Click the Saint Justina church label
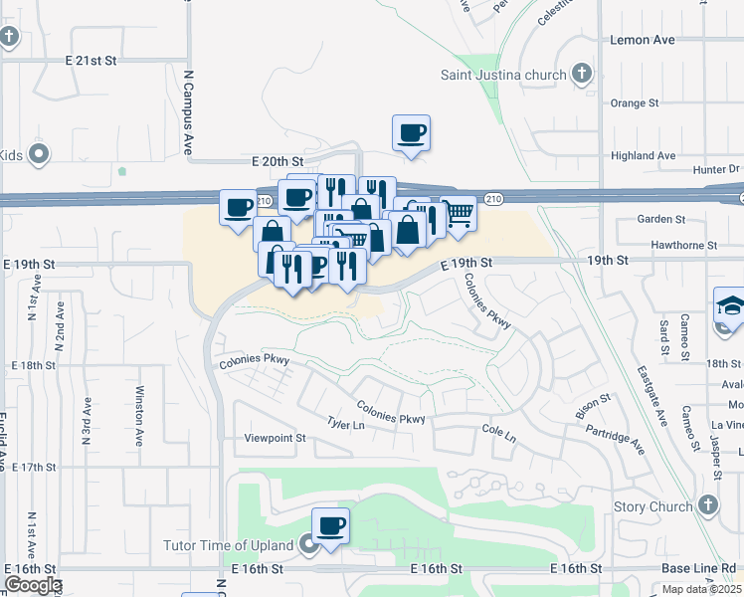click(x=503, y=75)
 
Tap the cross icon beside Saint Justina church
click(x=583, y=75)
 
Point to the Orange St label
click(x=635, y=102)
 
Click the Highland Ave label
click(x=643, y=155)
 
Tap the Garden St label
click(x=661, y=219)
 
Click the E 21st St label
click(x=92, y=61)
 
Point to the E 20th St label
click(x=277, y=160)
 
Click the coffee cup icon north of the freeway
click(x=411, y=132)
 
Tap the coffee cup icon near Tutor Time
click(x=330, y=524)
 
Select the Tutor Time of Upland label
click(x=229, y=545)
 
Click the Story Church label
click(x=652, y=506)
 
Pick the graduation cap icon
click(x=729, y=304)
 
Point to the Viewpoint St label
click(x=276, y=438)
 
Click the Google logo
click(x=32, y=585)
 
